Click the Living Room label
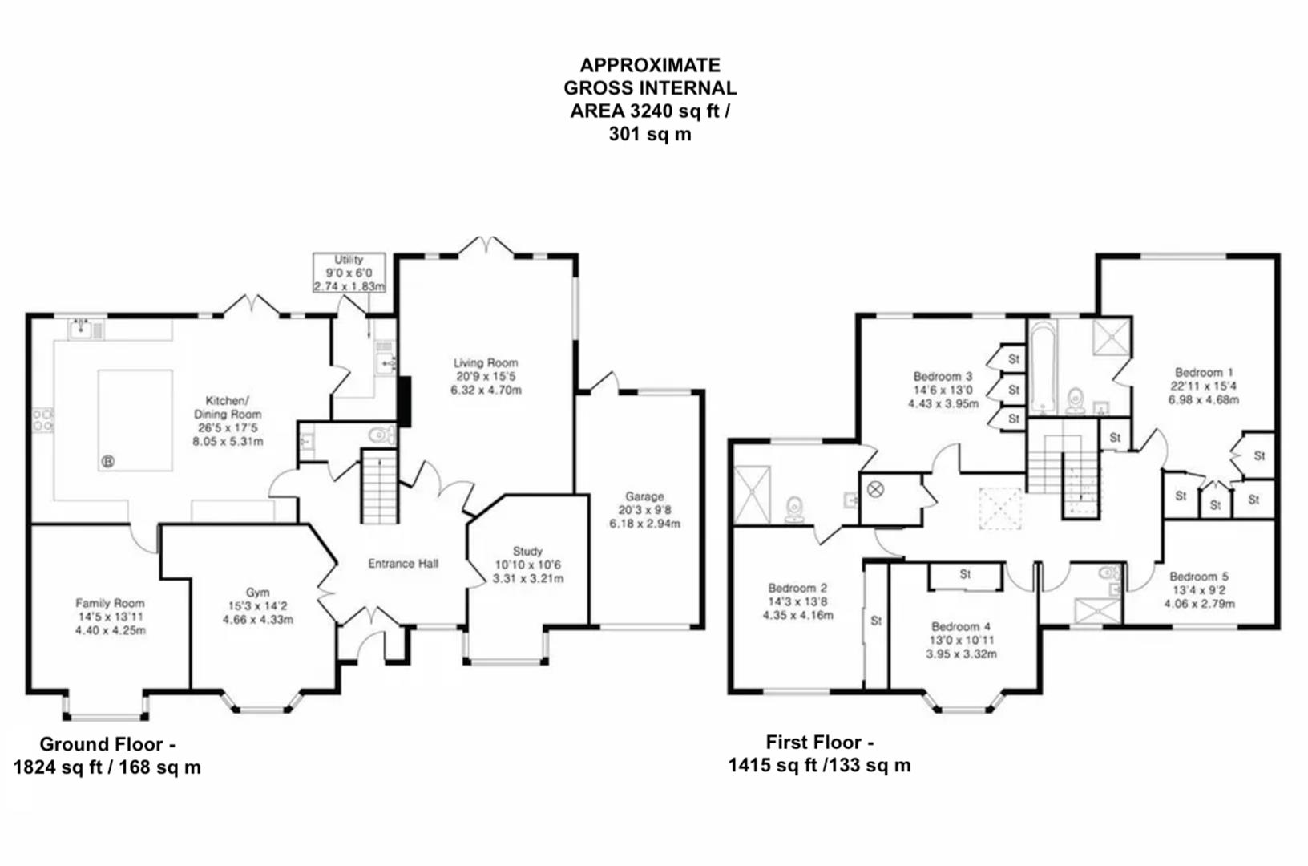click(x=486, y=363)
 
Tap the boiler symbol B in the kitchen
click(x=108, y=461)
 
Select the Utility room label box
click(x=349, y=273)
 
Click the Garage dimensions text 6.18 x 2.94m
click(x=644, y=524)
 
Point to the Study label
click(x=527, y=551)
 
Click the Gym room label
click(x=257, y=593)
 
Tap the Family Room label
click(x=110, y=603)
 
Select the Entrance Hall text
click(x=403, y=564)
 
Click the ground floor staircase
click(x=379, y=487)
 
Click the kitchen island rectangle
click(x=135, y=419)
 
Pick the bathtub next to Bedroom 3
click(x=1043, y=366)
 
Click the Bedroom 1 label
click(x=1203, y=372)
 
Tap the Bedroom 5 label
click(x=1198, y=577)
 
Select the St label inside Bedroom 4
click(x=965, y=575)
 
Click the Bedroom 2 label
click(x=797, y=588)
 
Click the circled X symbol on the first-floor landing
click(x=875, y=488)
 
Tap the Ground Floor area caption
click(x=107, y=755)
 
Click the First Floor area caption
click(x=819, y=754)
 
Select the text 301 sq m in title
click(x=649, y=134)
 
